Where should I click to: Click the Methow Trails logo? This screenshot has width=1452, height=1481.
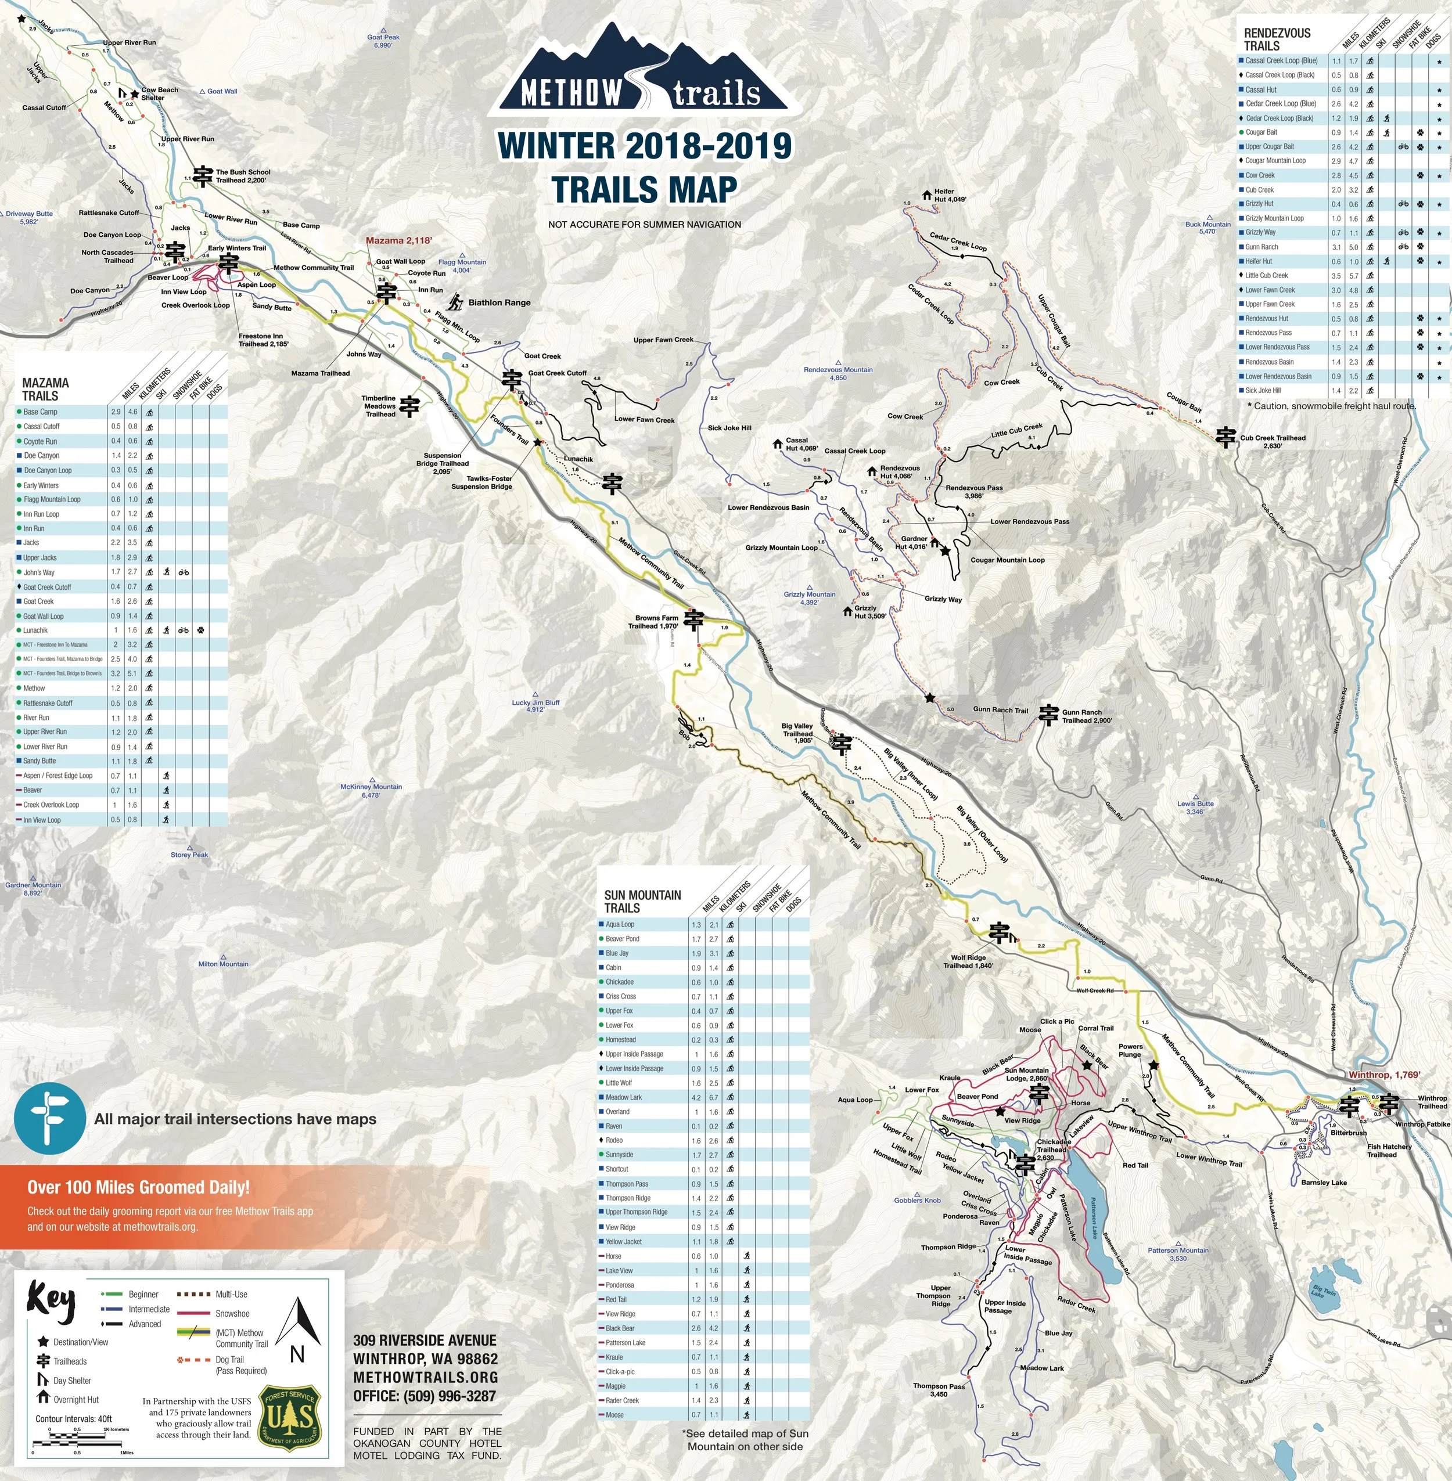point(645,70)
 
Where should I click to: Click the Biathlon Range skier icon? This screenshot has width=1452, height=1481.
point(455,302)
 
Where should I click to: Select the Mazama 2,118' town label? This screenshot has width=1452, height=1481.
point(399,241)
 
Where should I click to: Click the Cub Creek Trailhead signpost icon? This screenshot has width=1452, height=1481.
point(1225,437)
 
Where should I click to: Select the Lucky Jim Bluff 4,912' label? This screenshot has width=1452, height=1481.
point(535,706)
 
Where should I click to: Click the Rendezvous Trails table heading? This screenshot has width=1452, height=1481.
point(1277,39)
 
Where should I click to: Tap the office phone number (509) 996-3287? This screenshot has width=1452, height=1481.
point(425,1396)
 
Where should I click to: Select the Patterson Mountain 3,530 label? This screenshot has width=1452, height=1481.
point(1178,1254)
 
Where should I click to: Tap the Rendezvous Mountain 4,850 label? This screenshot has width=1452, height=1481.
point(838,373)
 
